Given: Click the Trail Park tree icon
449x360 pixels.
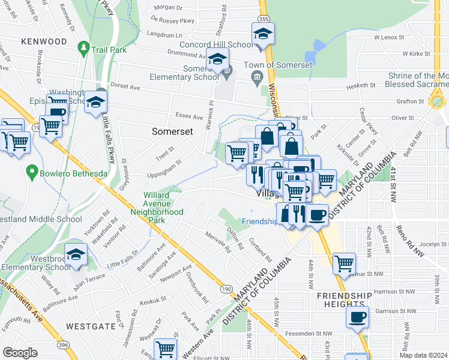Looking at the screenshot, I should click(85, 49).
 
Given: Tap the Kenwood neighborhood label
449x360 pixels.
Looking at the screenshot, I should click(43, 41).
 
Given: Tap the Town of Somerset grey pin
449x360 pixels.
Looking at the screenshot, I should click(257, 76).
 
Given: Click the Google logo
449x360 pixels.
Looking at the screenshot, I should click(20, 352).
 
